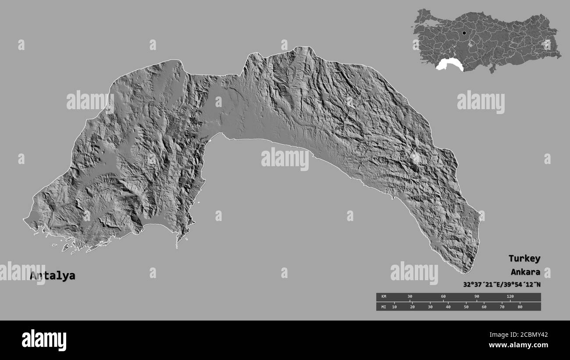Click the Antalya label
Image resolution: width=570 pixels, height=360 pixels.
tap(52, 276)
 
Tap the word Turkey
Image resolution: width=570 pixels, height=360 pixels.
tap(524, 258)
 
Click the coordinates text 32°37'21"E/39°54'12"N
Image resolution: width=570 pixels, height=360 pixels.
tap(502, 284)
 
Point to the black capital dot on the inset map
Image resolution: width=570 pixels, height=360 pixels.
tap(464, 33)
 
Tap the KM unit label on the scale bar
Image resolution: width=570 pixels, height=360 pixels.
tap(384, 297)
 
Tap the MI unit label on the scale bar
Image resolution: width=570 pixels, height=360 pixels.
tap(384, 307)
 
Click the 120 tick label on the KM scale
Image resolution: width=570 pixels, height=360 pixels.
tap(510, 297)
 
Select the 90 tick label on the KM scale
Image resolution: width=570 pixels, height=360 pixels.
tap(477, 297)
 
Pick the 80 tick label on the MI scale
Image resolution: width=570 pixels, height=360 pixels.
tap(520, 307)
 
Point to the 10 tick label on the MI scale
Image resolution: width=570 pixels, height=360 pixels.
tap(394, 307)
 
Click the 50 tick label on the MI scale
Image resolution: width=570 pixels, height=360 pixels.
tap(466, 307)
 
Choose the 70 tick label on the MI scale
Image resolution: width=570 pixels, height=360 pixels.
tap(502, 307)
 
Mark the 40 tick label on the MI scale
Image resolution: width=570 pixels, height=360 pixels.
tap(448, 307)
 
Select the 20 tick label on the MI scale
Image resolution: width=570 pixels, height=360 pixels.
tap(412, 307)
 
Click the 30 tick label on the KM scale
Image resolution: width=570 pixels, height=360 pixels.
tap(410, 297)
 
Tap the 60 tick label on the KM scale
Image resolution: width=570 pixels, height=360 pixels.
tap(443, 297)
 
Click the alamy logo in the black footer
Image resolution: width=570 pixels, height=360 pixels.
tap(44, 340)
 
